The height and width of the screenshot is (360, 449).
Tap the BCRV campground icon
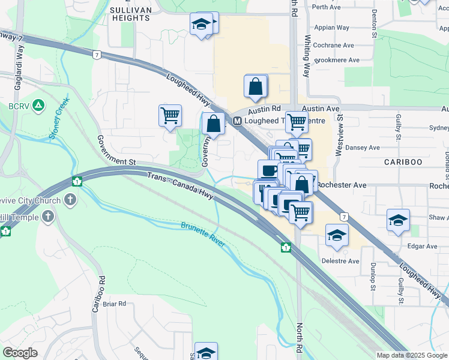point(38,106)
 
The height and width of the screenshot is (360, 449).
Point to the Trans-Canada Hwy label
point(181,184)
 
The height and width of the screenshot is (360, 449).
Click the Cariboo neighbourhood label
point(403,162)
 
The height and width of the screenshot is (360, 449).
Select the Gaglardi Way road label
point(20,60)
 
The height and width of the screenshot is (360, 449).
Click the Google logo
point(20,353)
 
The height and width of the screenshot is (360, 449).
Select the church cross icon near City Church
point(71,199)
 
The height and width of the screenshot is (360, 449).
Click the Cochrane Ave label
point(333,45)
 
